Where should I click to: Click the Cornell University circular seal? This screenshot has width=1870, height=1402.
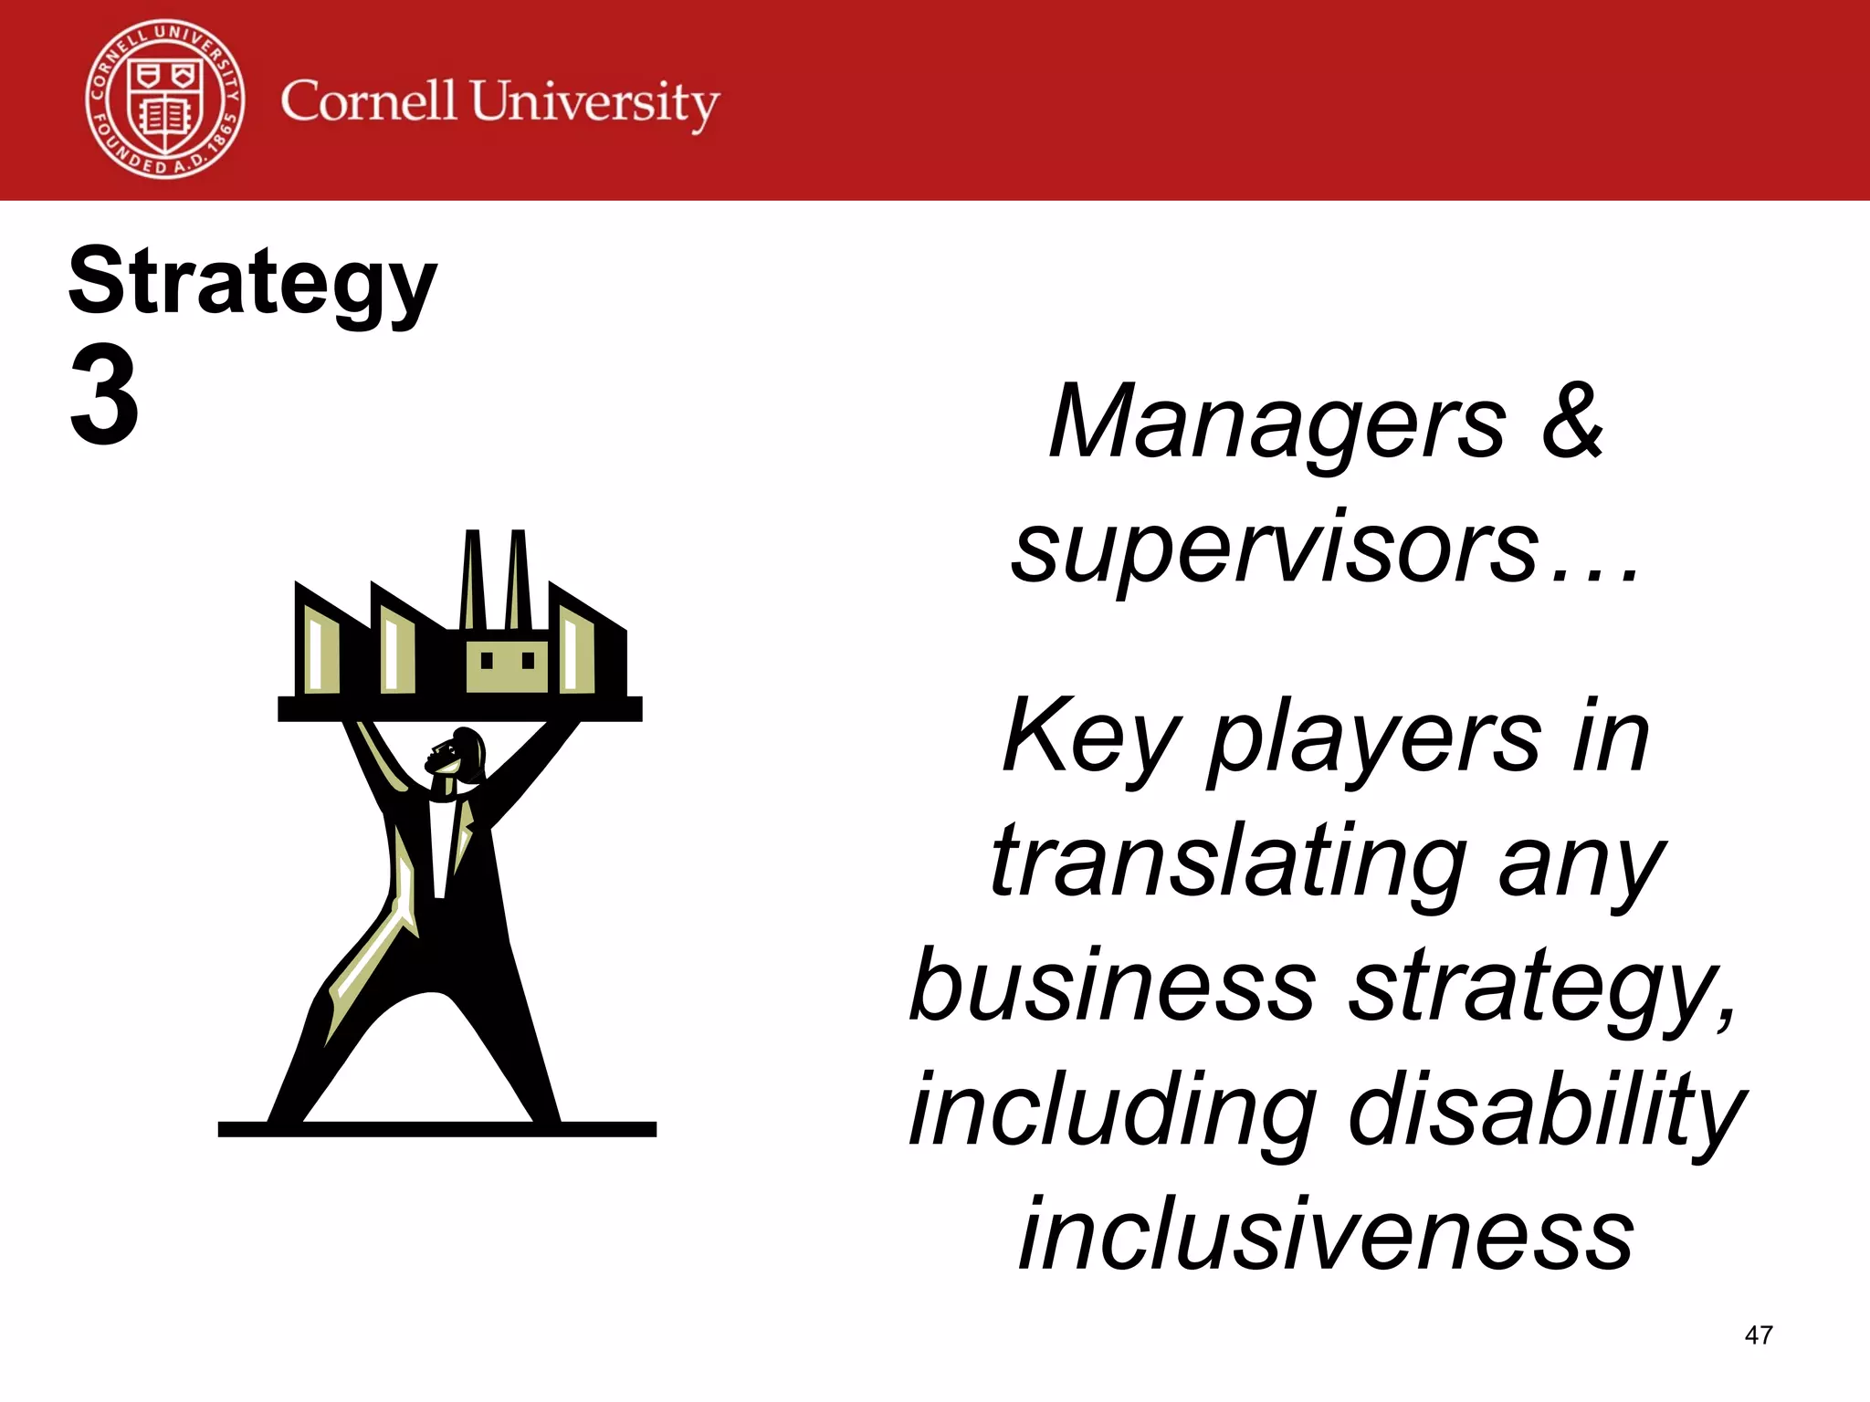(165, 99)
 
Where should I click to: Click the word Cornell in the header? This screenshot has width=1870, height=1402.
(368, 100)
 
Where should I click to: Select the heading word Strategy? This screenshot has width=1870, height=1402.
(253, 283)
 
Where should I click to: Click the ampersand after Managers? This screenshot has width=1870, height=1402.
(1572, 421)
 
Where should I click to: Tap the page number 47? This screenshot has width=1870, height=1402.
(1758, 1335)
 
